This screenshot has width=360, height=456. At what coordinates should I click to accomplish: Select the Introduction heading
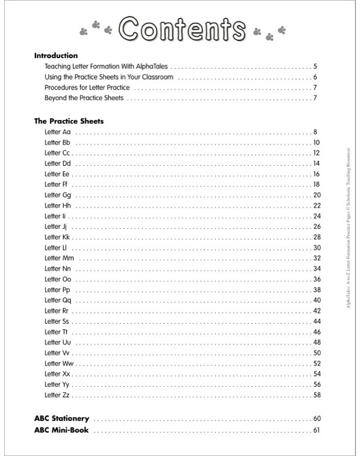[x=56, y=55]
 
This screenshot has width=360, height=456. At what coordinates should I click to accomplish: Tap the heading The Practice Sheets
[x=69, y=121]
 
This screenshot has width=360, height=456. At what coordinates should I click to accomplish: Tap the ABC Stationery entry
[x=62, y=419]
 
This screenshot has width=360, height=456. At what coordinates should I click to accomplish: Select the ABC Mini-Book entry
[x=61, y=430]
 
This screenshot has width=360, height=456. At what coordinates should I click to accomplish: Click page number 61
[x=317, y=430]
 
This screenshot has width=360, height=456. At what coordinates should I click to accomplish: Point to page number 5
[x=315, y=66]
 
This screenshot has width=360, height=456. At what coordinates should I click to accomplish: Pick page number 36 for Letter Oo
[x=317, y=279]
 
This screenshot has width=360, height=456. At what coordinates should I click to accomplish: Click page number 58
[x=317, y=395]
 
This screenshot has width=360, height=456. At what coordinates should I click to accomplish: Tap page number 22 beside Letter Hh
[x=317, y=206]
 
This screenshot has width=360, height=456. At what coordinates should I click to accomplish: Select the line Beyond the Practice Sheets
[x=84, y=98]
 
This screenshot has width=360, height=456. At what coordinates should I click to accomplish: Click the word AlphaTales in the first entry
[x=154, y=66]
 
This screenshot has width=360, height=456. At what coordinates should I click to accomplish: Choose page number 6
[x=315, y=77]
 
